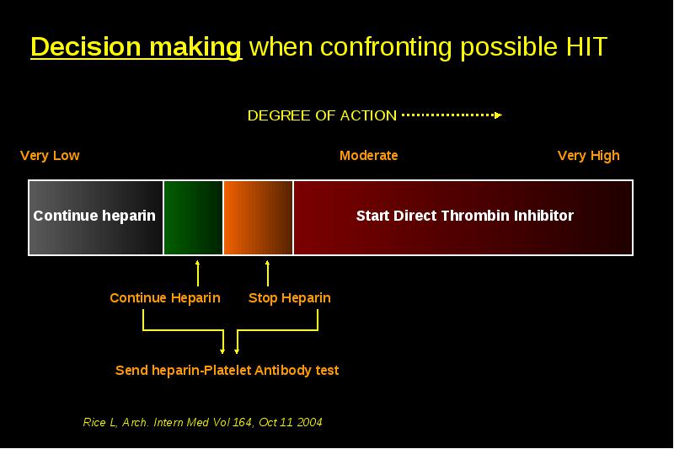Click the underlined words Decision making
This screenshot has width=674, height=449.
click(x=136, y=47)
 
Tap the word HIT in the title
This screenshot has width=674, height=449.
click(x=586, y=46)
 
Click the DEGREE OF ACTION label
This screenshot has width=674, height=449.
click(x=322, y=115)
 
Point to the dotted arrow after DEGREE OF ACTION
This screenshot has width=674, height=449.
click(x=452, y=115)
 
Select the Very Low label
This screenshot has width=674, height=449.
click(x=50, y=156)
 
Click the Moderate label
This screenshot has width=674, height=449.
click(x=369, y=156)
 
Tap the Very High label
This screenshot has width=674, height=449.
click(x=588, y=156)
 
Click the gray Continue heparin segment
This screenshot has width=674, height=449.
click(x=96, y=217)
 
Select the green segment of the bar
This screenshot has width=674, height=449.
click(x=194, y=217)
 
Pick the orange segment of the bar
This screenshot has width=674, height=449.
click(x=258, y=217)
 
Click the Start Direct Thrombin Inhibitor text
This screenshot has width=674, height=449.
click(x=465, y=216)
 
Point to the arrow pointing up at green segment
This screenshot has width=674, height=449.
click(x=198, y=273)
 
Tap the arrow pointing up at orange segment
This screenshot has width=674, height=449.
click(x=268, y=273)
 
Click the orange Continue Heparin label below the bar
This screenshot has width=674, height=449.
click(x=165, y=297)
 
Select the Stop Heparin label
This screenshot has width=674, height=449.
click(x=290, y=297)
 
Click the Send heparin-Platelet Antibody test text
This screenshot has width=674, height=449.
click(x=227, y=371)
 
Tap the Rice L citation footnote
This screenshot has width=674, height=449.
click(x=202, y=422)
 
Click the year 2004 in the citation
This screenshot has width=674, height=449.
click(x=309, y=422)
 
